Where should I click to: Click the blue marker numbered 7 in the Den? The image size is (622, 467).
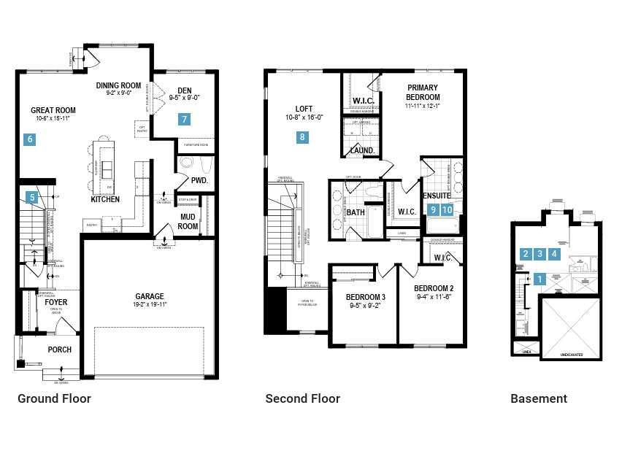point(185,119)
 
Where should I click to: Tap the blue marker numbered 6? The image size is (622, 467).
point(30,139)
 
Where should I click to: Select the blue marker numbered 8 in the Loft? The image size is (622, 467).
point(302,136)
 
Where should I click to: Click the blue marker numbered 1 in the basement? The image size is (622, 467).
point(540,278)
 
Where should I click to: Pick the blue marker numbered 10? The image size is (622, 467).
point(448,209)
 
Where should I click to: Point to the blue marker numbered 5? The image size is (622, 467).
point(31,196)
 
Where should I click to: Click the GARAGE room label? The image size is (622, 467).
point(149,296)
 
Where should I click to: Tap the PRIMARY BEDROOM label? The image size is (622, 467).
point(423,92)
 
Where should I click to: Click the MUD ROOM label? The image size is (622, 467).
point(188,221)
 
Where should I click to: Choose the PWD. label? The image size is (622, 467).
point(199,180)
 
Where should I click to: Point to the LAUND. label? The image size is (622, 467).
point(362,151)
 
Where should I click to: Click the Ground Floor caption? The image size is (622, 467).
point(54,398)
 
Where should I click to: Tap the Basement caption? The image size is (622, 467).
point(538,398)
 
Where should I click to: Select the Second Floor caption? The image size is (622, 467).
point(302,398)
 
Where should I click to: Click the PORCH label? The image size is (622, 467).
point(59,350)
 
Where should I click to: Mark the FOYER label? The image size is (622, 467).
point(56,302)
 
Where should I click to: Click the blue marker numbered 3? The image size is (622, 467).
point(540,254)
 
